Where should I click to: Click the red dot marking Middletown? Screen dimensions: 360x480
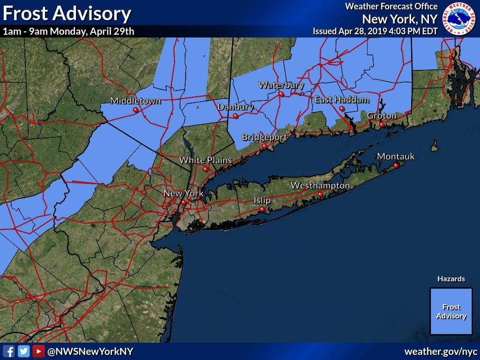click(135, 110)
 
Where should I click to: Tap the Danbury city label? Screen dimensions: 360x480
click(235, 107)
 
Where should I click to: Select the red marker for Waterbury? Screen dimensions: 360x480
click(281, 94)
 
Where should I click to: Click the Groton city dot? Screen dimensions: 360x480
click(382, 124)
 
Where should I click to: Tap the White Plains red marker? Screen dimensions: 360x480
click(205, 169)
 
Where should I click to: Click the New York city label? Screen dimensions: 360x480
click(183, 193)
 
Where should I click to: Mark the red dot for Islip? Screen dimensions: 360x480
click(262, 209)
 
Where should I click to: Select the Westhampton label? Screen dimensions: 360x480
click(320, 186)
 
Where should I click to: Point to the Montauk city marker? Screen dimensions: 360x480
click(396, 165)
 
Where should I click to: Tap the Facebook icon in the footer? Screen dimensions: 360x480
click(8, 351)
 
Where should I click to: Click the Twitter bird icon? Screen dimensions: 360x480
click(23, 351)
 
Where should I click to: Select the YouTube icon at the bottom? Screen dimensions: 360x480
click(38, 351)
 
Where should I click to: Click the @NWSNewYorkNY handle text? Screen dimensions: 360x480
click(90, 352)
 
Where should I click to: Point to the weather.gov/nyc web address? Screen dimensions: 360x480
click(440, 352)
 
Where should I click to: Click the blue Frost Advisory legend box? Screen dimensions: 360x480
click(451, 311)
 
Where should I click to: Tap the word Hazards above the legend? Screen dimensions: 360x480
click(451, 279)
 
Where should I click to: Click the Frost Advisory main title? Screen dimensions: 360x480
click(67, 14)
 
